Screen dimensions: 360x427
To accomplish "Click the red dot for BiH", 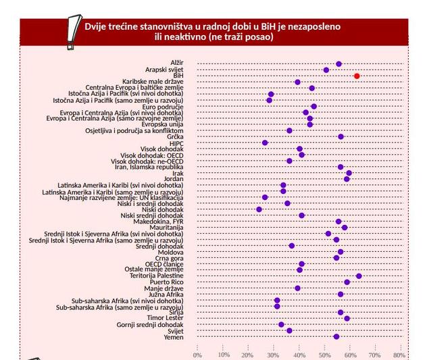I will coord(357,76).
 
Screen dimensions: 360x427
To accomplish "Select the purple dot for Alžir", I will coord(338,63).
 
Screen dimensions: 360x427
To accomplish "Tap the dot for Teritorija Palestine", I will coord(359,276).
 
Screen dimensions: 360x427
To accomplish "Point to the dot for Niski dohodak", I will coord(259,209).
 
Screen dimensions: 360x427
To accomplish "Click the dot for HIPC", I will coord(265,143).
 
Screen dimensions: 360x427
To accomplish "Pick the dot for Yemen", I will coord(336,336).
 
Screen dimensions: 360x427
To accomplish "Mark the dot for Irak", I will coord(349,173).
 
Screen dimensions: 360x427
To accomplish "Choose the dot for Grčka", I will coord(341,136).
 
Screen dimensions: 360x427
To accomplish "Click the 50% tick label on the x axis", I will coord(324,355).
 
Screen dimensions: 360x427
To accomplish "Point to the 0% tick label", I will coord(197,355).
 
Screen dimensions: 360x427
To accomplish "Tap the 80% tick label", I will coord(399,355).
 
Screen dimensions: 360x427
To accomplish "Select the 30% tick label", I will coord(273,355).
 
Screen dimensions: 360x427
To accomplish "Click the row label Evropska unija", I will coord(161,124).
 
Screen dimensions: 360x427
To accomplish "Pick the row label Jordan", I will coord(174,179).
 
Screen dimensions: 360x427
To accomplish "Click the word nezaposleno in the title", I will coord(315,26).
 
